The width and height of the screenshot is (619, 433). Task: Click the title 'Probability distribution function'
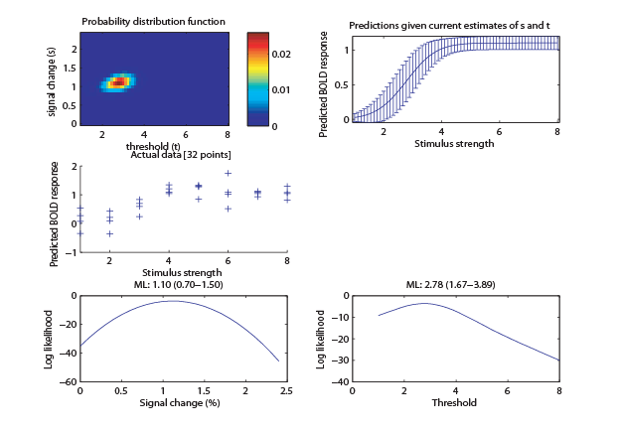pos(154,21)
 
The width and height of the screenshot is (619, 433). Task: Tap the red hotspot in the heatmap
pos(118,82)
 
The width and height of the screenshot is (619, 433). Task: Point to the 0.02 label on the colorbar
pos(281,54)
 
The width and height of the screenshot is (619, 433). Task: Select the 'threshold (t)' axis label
pos(153,146)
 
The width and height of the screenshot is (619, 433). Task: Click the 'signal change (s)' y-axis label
pos(51,82)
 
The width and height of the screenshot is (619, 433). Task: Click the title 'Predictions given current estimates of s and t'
pos(450,26)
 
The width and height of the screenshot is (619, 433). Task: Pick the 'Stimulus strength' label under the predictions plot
pos(454,143)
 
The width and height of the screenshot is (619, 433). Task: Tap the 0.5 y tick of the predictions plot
pos(342,84)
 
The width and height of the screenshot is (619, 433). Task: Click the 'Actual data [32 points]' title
pos(181,154)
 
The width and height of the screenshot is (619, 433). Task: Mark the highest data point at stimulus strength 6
pos(228,173)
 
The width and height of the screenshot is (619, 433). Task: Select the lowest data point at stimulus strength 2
pos(109,233)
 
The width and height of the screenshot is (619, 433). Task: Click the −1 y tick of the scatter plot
pos(71,252)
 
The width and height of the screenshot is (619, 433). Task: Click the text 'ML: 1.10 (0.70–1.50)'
pos(179,284)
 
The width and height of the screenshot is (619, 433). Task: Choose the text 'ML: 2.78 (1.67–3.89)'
pos(451,284)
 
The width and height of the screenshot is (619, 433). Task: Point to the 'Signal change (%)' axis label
pos(180,403)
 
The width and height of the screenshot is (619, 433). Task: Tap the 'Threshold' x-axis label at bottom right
pos(454,402)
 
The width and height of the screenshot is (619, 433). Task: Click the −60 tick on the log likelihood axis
pos(69,381)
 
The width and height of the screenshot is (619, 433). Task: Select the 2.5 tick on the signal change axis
pos(286,390)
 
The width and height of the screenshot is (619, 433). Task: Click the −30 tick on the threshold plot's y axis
pos(340,360)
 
